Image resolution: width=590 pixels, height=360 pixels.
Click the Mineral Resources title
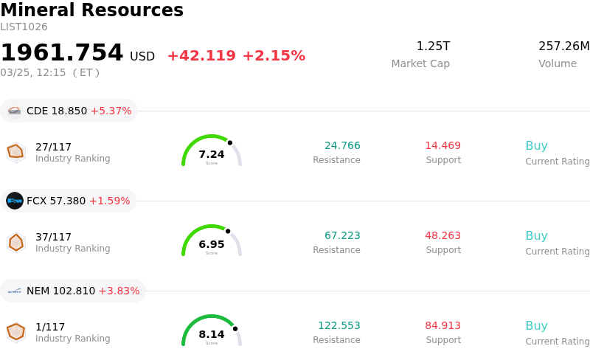pos(91,10)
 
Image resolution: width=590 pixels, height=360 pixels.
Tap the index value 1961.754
pos(62,53)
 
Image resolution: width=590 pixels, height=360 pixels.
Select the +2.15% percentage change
pos(274,56)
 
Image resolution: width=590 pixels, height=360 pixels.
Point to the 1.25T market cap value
pos(433,46)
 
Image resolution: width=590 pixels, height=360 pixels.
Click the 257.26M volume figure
pos(563,46)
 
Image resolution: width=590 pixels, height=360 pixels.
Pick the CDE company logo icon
pos(15,111)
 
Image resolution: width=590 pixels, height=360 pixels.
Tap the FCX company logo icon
pos(15,201)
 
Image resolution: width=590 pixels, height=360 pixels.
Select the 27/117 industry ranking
pos(53,147)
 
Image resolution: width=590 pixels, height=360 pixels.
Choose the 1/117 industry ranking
pos(50,327)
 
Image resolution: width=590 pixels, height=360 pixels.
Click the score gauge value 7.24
pos(212,154)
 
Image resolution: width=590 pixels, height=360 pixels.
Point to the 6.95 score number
pos(212,244)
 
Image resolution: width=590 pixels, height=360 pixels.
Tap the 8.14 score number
pos(212,334)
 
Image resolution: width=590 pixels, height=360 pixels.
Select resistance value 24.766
pos(342,145)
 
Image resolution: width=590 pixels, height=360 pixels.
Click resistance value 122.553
pos(339,325)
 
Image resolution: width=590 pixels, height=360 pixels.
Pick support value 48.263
pos(442,235)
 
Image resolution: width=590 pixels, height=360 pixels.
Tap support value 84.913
pos(442,325)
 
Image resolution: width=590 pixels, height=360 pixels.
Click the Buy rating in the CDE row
pos(536,145)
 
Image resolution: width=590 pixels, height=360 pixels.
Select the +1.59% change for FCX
pos(109,201)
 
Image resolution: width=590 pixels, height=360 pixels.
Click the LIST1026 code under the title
pos(24,27)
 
